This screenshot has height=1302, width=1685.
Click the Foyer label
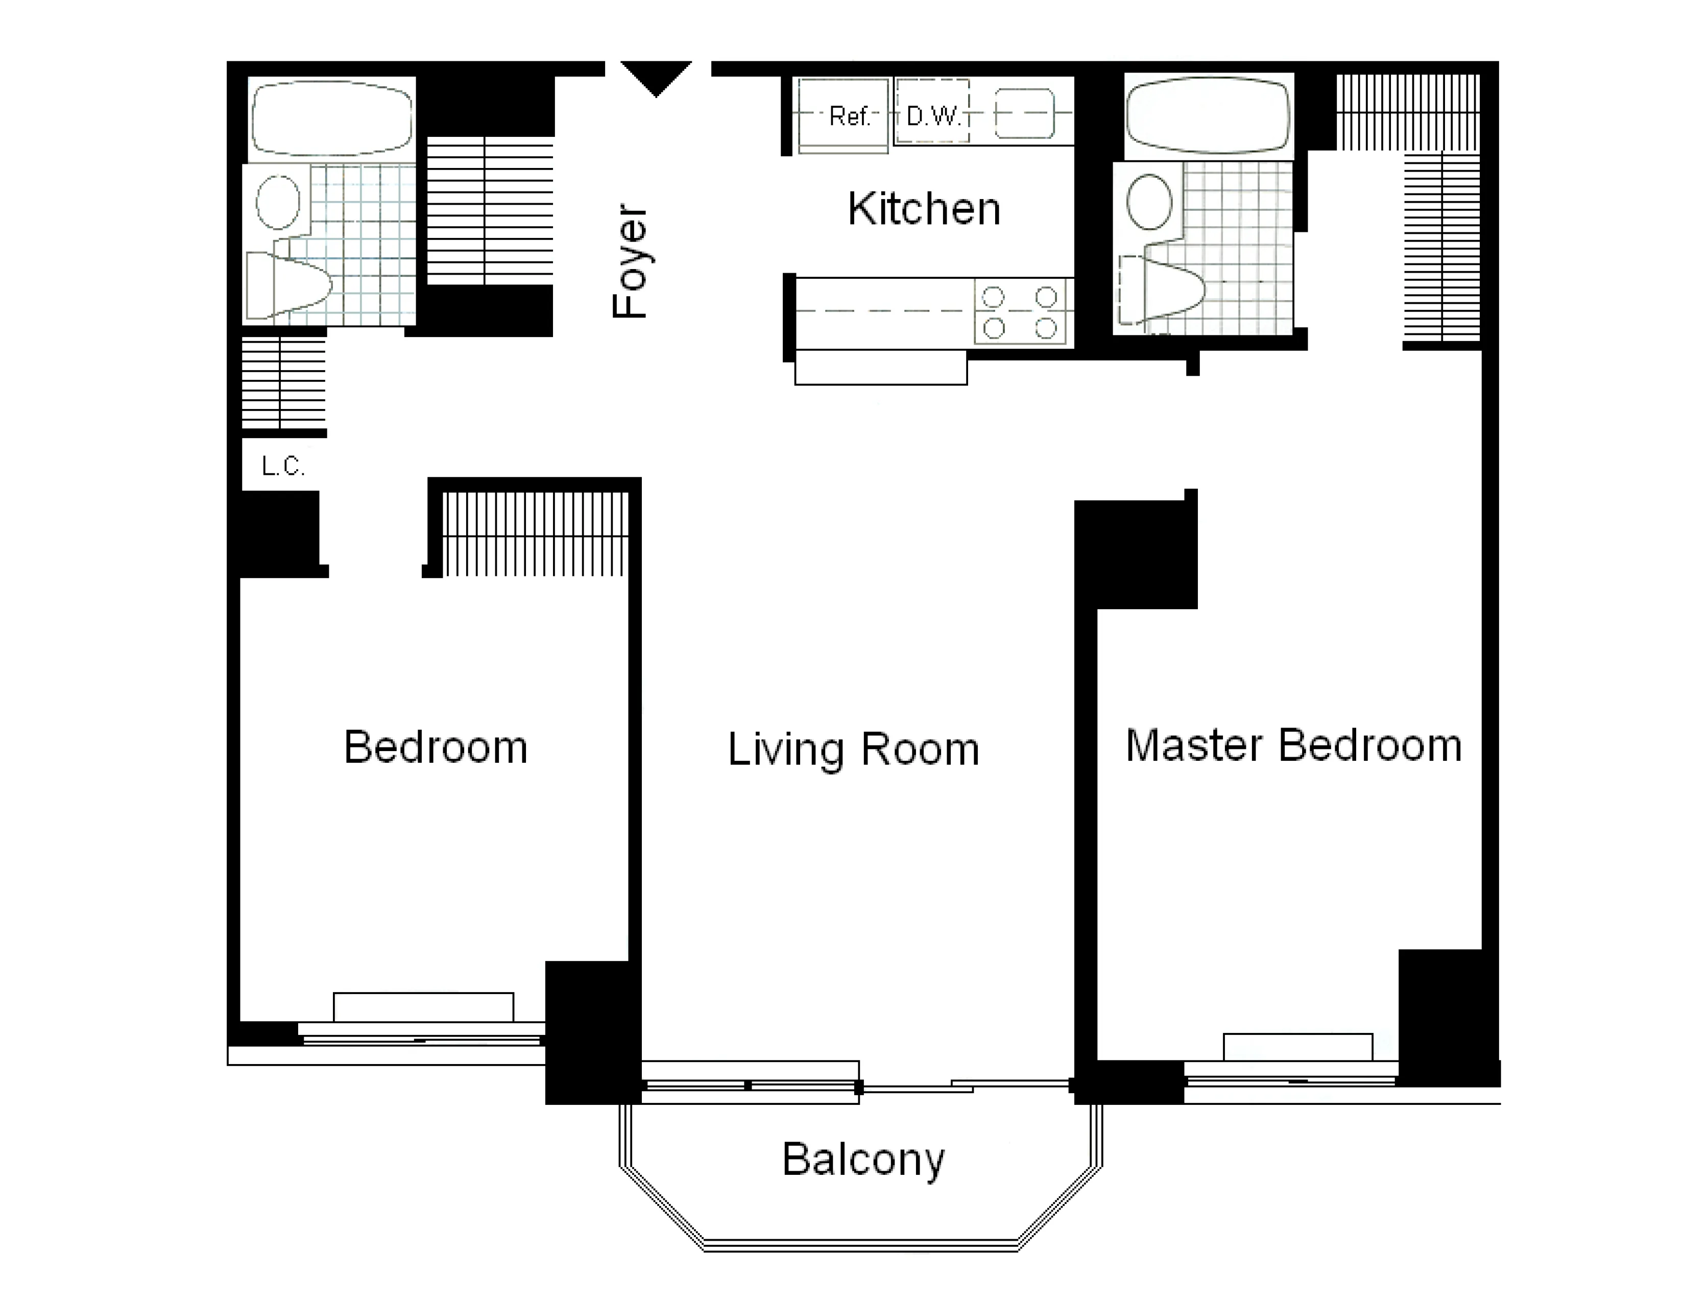coord(630,261)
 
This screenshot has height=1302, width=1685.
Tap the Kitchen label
coord(924,208)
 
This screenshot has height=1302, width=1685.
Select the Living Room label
coord(853,750)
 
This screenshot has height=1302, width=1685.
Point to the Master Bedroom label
coord(1293,746)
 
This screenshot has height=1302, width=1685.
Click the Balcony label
coord(862,1160)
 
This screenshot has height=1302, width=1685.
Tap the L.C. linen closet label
coord(283,465)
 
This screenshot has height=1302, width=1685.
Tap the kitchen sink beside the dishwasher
coord(1024,113)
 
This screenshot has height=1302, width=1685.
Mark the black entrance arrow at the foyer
coord(656,77)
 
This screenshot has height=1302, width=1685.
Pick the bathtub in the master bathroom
coord(1208,116)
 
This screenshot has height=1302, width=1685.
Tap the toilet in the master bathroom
coord(1161,290)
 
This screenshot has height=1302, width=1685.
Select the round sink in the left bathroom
coord(278,201)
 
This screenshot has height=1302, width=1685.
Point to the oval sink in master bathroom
coord(1149,201)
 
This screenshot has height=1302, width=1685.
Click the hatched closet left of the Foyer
coord(490,210)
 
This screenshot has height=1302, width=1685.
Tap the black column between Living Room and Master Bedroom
coord(1136,554)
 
